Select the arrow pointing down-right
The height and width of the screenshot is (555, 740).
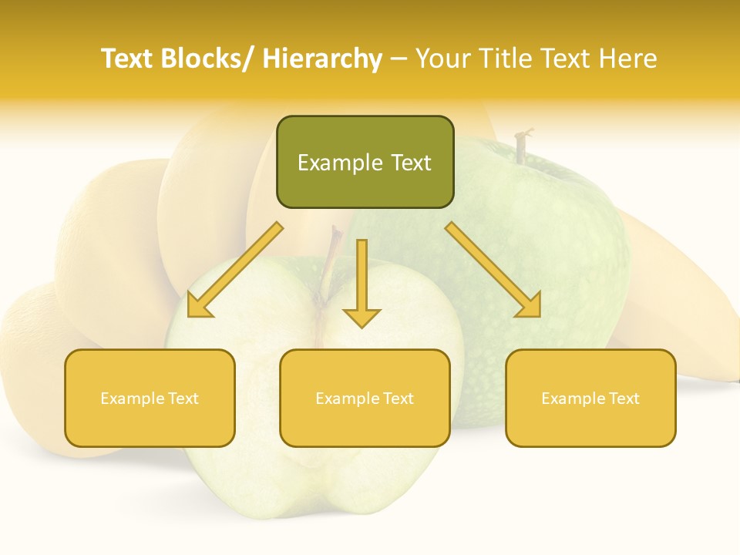493,270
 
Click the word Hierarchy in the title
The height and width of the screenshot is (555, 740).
322,59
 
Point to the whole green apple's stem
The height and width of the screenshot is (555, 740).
523,146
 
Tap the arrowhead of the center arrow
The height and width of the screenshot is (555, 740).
362,317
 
